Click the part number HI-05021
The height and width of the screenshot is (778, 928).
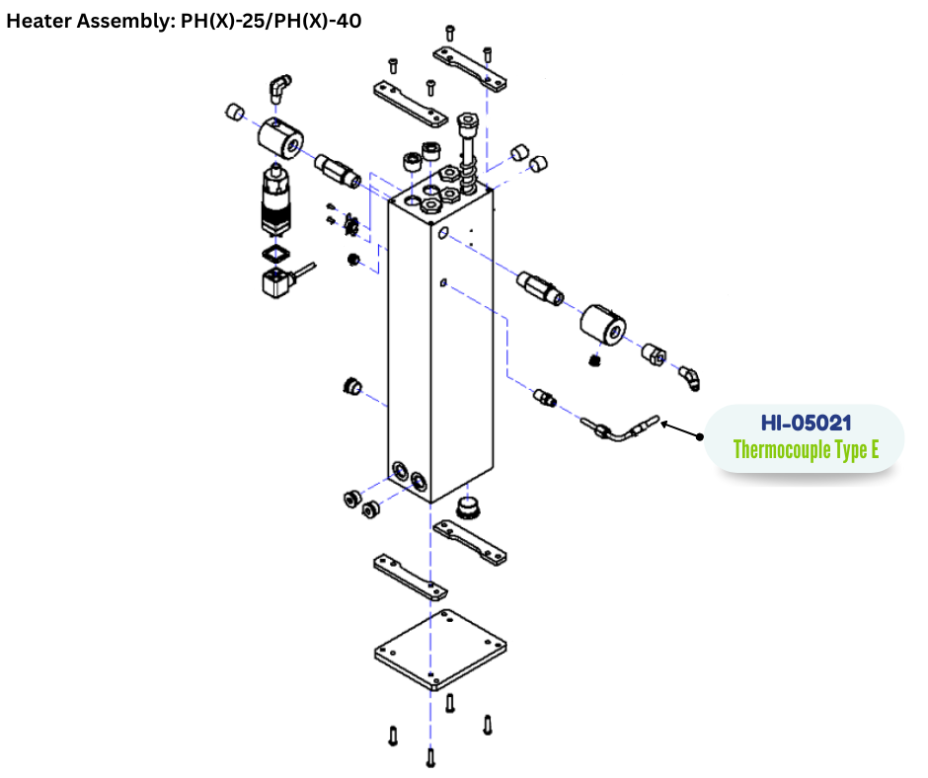click(x=806, y=423)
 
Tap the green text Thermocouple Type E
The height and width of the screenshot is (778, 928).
click(x=806, y=449)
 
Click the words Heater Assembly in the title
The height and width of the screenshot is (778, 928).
click(x=88, y=21)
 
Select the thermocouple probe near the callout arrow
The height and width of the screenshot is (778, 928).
click(x=619, y=428)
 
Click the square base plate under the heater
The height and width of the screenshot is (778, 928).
click(x=440, y=650)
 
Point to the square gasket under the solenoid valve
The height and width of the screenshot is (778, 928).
click(x=275, y=254)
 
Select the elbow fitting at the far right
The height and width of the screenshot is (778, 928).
click(x=690, y=378)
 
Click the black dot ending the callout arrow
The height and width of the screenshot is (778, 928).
click(x=700, y=437)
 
